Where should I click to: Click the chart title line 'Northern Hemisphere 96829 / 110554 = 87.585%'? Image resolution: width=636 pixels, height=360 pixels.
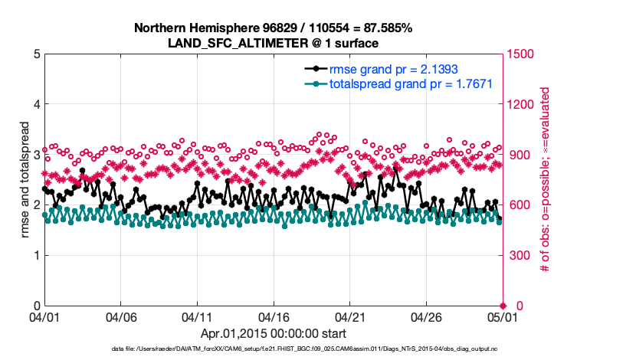pyautogui.click(x=273, y=28)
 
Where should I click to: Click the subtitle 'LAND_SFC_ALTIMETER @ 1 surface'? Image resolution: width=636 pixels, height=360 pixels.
pyautogui.click(x=273, y=42)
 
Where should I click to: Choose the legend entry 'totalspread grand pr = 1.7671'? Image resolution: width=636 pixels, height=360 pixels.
pyautogui.click(x=410, y=83)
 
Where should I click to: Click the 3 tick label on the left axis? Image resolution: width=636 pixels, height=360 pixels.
pyautogui.click(x=37, y=155)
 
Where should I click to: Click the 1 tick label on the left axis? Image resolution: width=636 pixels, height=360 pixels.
pyautogui.click(x=37, y=255)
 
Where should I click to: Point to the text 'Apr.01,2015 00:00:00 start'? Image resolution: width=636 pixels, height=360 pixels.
pyautogui.click(x=273, y=333)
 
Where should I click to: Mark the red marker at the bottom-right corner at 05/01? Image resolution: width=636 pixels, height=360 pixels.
pyautogui.click(x=502, y=306)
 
